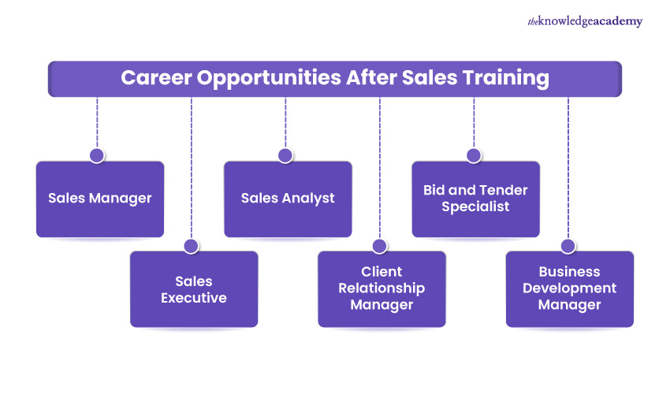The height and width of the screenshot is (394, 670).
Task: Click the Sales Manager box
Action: [100, 199]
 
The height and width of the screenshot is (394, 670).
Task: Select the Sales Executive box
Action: [194, 289]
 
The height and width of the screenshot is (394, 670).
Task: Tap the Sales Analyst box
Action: [288, 199]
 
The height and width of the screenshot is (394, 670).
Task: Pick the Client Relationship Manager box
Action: [382, 289]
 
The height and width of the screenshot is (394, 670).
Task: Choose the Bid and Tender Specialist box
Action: [475, 199]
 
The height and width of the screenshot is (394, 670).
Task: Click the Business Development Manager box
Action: [569, 289]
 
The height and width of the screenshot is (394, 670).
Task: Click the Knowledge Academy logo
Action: [585, 22]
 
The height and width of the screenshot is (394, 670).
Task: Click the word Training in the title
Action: [514, 79]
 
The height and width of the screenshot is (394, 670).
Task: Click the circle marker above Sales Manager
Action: [97, 155]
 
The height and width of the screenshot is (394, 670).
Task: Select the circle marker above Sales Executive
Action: [191, 246]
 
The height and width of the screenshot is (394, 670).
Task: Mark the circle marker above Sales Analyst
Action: [285, 155]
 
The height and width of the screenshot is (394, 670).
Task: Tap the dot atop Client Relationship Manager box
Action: [379, 246]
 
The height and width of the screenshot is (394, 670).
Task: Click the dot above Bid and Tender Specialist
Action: [474, 155]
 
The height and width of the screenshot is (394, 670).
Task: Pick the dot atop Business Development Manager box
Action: [568, 246]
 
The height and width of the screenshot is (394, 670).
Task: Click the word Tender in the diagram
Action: [504, 190]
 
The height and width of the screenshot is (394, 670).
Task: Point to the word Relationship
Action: [382, 288]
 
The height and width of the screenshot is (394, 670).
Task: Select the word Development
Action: [569, 288]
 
